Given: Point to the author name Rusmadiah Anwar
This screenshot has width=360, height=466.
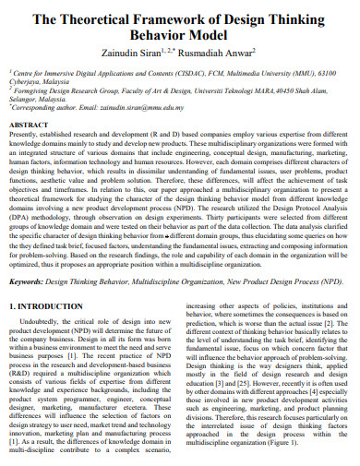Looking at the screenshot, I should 228,54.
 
